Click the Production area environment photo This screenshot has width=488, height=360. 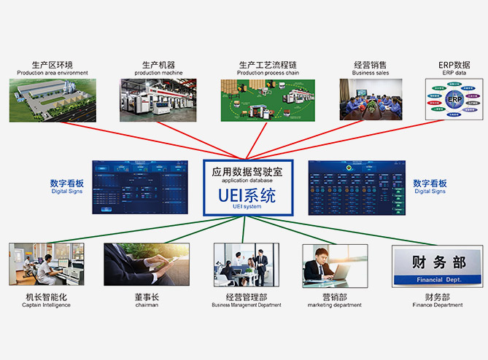(x=53, y=100)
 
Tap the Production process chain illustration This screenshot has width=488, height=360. (x=268, y=100)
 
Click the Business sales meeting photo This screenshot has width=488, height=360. (x=371, y=100)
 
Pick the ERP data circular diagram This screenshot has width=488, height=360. (x=454, y=100)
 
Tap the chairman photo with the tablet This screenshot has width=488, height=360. (x=146, y=265)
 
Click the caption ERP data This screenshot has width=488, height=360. (x=454, y=73)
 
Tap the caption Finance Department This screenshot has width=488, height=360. (x=437, y=305)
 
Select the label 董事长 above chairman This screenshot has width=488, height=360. (x=146, y=297)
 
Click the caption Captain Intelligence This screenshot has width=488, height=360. (x=47, y=305)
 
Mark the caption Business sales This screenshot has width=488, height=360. (x=371, y=73)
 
